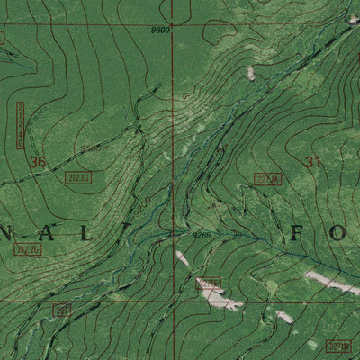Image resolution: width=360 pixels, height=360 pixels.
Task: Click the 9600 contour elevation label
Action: tap(160, 30)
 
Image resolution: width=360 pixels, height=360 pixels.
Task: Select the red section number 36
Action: tap(37, 163)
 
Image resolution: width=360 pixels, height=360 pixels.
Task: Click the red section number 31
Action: tap(313, 163)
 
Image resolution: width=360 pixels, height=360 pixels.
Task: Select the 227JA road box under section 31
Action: tap(268, 179)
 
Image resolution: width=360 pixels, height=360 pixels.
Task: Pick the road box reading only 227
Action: tap(60, 310)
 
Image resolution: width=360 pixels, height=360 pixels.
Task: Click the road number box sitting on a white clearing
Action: tap(209, 284)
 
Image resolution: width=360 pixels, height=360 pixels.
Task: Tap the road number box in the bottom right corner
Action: tap(339, 345)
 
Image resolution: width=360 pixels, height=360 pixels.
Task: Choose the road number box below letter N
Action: tap(29, 249)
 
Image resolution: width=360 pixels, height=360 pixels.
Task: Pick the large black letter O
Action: tap(337, 232)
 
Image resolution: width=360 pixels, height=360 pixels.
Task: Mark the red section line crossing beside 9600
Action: tap(174, 23)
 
